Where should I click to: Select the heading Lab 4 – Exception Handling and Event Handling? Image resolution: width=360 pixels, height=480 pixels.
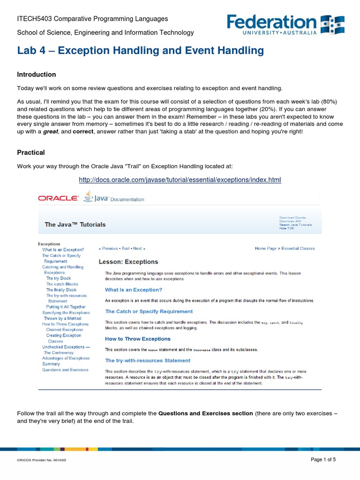[140, 51]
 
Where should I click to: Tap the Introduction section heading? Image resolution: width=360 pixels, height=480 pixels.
[37, 75]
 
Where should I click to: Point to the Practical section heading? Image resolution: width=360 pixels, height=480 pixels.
[31, 152]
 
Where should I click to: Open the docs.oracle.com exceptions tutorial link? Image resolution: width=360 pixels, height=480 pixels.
[180, 180]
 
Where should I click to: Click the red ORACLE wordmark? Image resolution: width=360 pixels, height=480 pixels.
[58, 198]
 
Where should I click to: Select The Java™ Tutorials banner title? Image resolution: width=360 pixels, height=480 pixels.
[75, 225]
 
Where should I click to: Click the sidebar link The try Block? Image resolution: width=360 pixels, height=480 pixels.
[59, 278]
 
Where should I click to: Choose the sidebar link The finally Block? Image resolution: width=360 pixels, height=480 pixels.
[61, 290]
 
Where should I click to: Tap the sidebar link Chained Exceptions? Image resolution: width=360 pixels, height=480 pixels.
[64, 330]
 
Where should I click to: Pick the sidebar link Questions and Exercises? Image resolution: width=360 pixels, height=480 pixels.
[65, 370]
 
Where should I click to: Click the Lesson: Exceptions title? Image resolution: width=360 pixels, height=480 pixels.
[128, 262]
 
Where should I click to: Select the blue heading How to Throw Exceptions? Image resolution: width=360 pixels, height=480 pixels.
[138, 339]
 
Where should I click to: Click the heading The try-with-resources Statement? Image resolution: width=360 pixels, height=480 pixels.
[148, 360]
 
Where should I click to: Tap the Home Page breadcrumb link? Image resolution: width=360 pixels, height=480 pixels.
[266, 248]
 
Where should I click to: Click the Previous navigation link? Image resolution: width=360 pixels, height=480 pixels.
[109, 248]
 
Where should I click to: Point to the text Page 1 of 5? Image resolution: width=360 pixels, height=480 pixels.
[323, 460]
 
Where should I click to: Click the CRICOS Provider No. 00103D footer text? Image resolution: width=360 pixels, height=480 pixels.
[42, 461]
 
